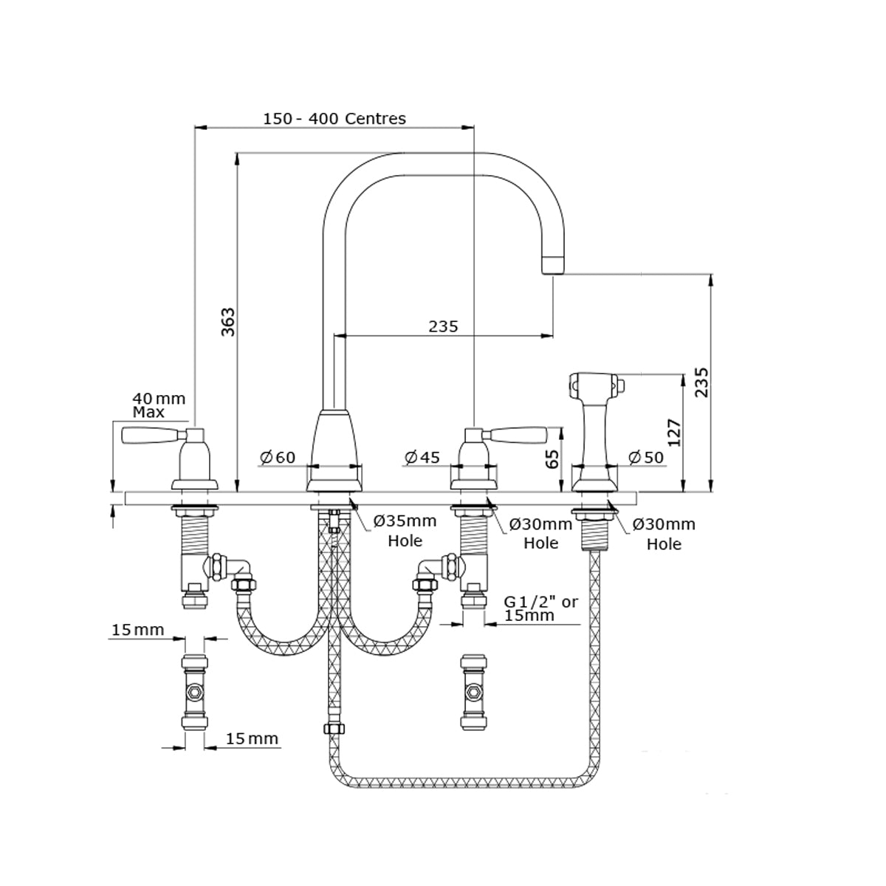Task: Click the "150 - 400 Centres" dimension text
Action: click(x=334, y=118)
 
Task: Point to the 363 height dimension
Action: click(x=228, y=322)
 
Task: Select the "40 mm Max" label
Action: click(x=158, y=405)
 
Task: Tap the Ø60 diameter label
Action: click(x=278, y=458)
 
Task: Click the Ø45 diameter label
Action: click(x=422, y=458)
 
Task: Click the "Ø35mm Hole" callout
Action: click(x=405, y=531)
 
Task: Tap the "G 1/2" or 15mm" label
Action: click(x=541, y=608)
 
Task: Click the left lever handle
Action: click(x=151, y=435)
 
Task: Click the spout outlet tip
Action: click(x=553, y=264)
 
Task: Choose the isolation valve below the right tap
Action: click(x=472, y=693)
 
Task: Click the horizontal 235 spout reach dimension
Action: click(x=443, y=326)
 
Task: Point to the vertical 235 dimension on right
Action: click(x=702, y=382)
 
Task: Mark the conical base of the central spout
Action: click(x=335, y=450)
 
